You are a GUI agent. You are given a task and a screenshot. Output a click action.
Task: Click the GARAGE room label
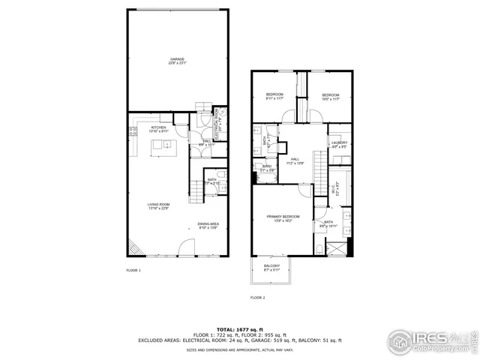click(x=177, y=61)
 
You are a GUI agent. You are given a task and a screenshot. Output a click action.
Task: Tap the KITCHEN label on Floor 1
click(x=158, y=129)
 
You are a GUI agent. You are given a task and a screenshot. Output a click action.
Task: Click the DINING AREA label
click(x=208, y=225)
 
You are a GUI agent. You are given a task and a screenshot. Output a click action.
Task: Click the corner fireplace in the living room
click(x=133, y=247)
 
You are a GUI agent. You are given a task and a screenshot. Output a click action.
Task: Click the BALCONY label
click(x=272, y=268)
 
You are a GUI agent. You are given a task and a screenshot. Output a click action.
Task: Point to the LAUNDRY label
click(x=340, y=144)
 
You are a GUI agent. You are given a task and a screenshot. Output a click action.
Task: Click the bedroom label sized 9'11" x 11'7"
click(x=274, y=96)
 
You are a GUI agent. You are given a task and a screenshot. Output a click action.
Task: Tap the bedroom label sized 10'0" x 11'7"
click(x=331, y=96)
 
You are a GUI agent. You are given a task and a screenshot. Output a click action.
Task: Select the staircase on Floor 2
click(x=319, y=162)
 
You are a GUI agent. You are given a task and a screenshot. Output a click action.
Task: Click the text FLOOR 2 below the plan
click(x=257, y=298)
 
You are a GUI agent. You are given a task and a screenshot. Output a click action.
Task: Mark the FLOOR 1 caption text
click(x=133, y=270)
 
